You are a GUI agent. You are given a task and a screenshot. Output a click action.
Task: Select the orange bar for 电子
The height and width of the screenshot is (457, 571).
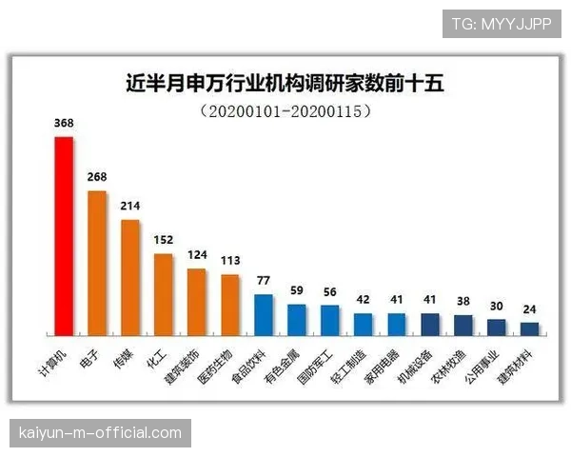pyautogui.click(x=97, y=264)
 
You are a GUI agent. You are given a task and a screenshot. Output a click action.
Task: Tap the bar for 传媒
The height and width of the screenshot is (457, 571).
pyautogui.click(x=130, y=278)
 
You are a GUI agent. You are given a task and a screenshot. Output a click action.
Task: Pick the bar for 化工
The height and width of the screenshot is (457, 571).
pyautogui.click(x=164, y=295)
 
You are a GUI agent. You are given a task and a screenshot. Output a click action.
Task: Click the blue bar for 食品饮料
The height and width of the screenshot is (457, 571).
pyautogui.click(x=264, y=315)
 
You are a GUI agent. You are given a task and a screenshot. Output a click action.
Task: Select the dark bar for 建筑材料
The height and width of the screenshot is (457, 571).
pyautogui.click(x=530, y=329)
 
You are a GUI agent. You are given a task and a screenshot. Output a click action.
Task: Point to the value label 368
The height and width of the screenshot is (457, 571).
pyautogui.click(x=64, y=124)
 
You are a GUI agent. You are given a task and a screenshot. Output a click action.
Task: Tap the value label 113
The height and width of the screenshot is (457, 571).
pyautogui.click(x=230, y=262)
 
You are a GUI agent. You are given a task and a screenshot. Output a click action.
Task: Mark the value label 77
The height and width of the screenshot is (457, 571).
pyautogui.click(x=264, y=281)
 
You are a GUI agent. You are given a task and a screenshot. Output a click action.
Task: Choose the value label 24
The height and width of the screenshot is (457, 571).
pyautogui.click(x=530, y=309)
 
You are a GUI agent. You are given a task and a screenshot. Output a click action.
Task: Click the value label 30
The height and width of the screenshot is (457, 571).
pyautogui.click(x=497, y=306)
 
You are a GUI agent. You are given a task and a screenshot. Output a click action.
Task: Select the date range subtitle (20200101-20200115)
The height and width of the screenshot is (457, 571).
pyautogui.click(x=285, y=110)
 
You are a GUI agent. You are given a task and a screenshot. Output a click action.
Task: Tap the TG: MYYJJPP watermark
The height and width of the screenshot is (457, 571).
pyautogui.click(x=502, y=24)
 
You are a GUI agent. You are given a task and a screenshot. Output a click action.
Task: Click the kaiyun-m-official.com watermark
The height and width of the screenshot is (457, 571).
pyautogui.click(x=101, y=433)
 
